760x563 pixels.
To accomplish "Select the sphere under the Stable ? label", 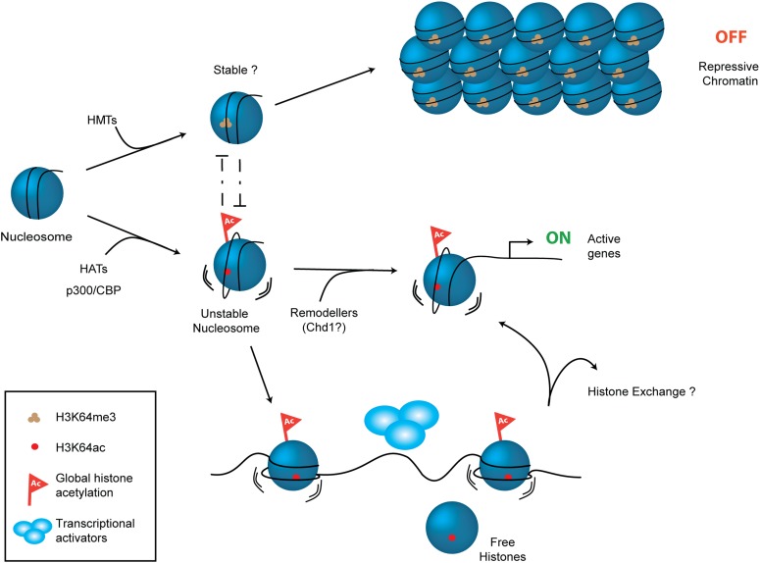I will coord(237,123).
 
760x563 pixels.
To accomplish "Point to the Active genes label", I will coord(614,245).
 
